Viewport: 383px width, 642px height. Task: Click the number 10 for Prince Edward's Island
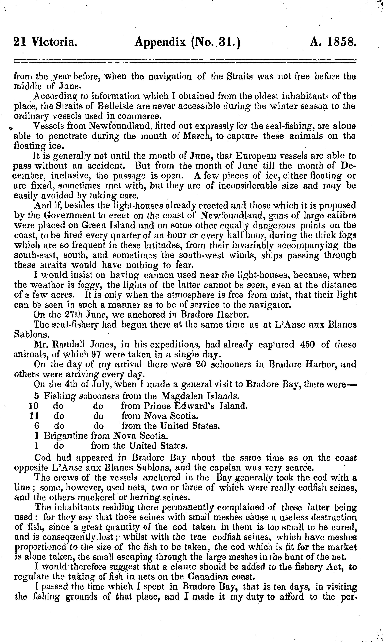click(34, 406)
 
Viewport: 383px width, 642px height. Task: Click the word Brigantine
click(66, 436)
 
